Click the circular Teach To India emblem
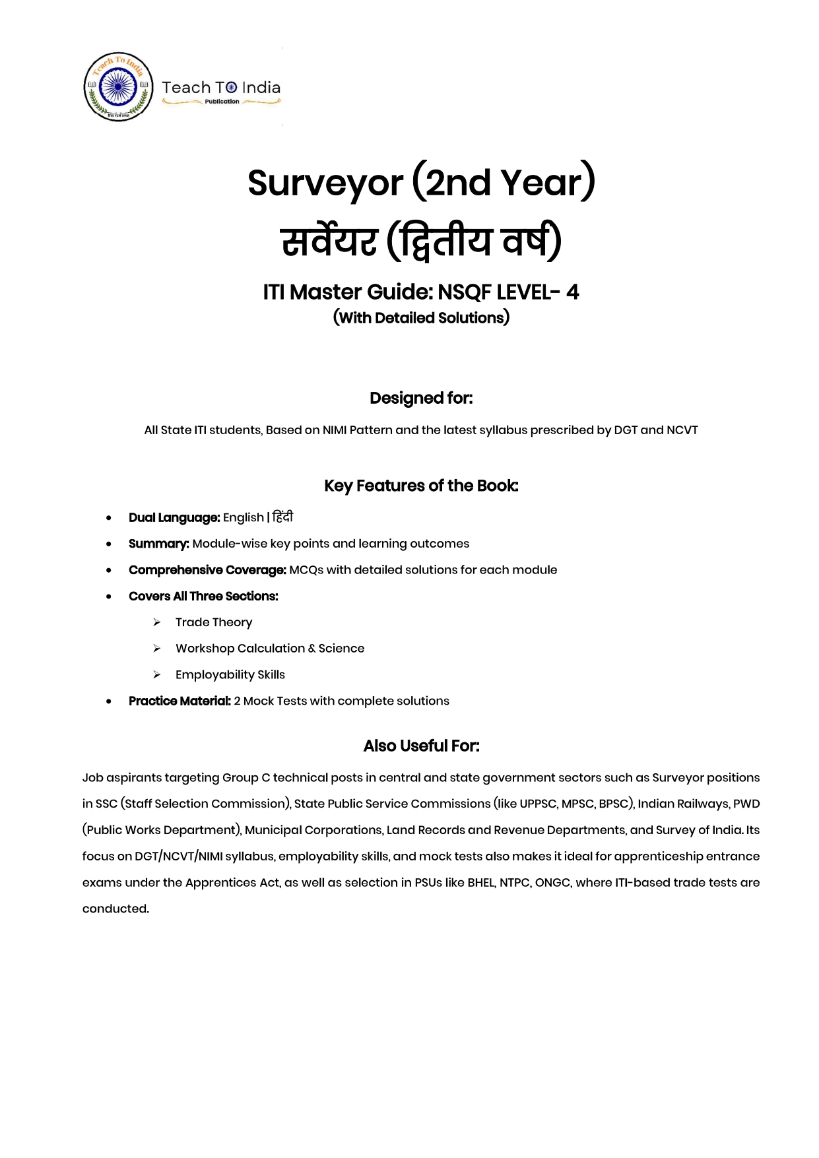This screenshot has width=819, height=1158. tap(118, 87)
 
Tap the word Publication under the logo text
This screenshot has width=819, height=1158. tap(222, 102)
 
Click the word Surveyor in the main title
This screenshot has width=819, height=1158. tap(325, 183)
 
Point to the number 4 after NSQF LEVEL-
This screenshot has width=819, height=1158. tap(572, 292)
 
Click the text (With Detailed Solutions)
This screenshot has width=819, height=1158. tap(421, 318)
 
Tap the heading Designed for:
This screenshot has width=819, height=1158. tap(421, 399)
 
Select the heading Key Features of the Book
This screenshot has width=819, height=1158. tap(421, 486)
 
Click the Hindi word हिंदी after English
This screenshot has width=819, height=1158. tap(282, 517)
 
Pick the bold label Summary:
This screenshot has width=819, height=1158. tap(159, 544)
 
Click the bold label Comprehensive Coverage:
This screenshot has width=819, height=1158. tap(207, 570)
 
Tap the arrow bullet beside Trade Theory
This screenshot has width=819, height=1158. tap(157, 622)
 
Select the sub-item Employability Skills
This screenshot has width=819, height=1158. tap(230, 675)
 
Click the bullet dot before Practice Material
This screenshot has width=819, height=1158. tap(109, 701)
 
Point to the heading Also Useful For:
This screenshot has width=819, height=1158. tap(421, 746)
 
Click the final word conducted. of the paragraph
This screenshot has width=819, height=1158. tap(115, 909)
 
